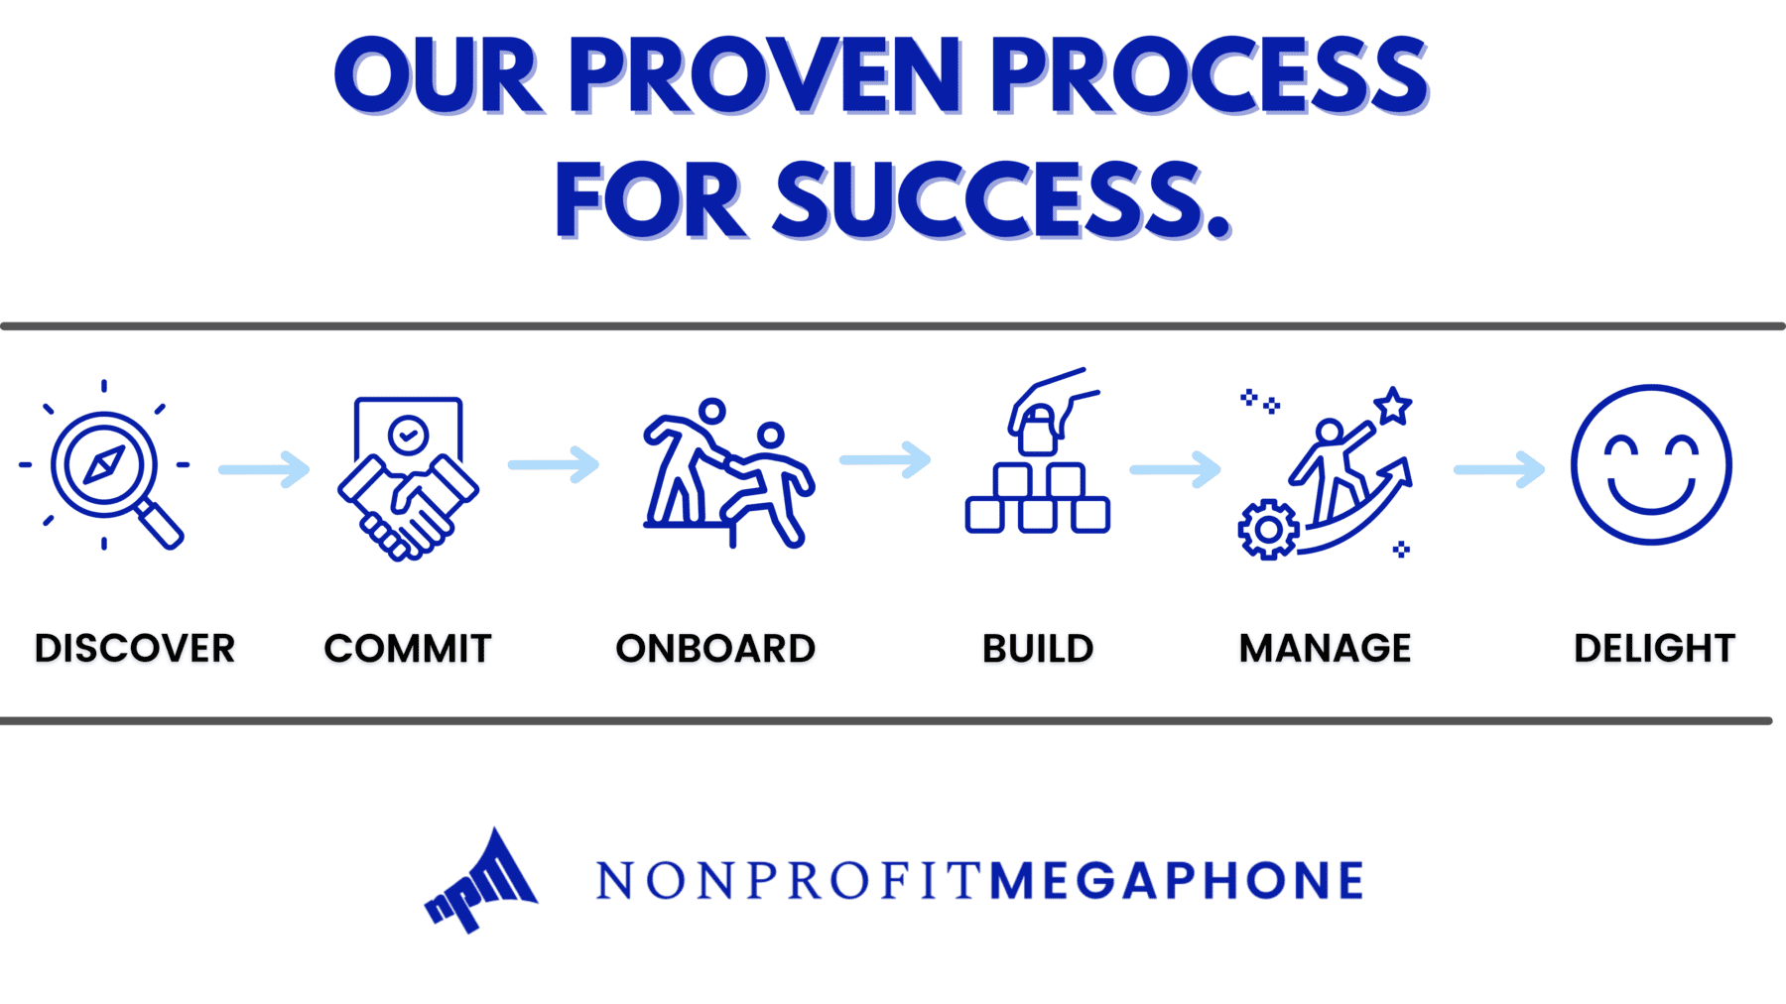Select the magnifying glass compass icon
(x=104, y=465)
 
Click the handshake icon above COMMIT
(x=408, y=478)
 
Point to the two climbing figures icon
(x=728, y=473)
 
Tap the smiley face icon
(x=1651, y=464)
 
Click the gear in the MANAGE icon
(x=1268, y=531)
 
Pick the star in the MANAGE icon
(x=1393, y=406)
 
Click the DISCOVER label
(x=135, y=649)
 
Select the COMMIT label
(x=408, y=649)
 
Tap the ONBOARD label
(x=715, y=649)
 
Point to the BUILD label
(x=1038, y=649)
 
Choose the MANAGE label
(x=1326, y=649)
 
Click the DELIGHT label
(x=1654, y=649)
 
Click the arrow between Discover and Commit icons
(x=264, y=469)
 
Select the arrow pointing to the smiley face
(x=1499, y=469)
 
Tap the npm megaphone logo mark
(x=481, y=881)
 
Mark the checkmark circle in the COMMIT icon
(x=408, y=435)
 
